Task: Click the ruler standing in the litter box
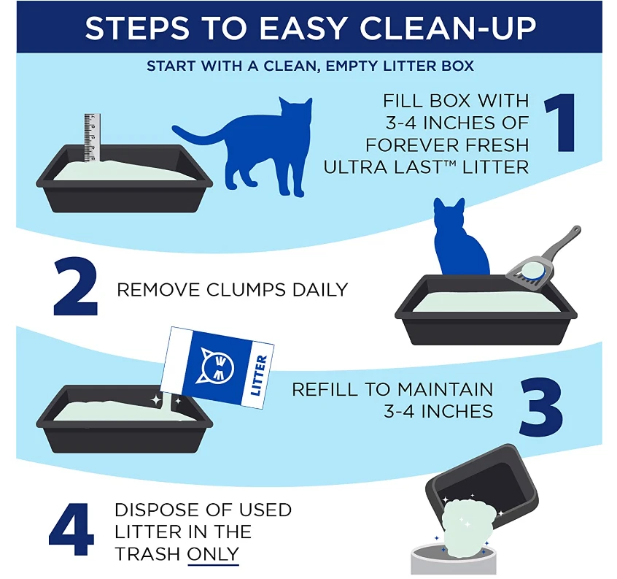pyautogui.click(x=91, y=137)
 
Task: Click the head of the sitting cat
pyautogui.click(x=449, y=215)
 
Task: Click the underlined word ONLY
pyautogui.click(x=213, y=554)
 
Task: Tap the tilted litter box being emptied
pyautogui.click(x=485, y=483)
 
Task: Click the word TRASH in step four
pyautogui.click(x=147, y=554)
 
